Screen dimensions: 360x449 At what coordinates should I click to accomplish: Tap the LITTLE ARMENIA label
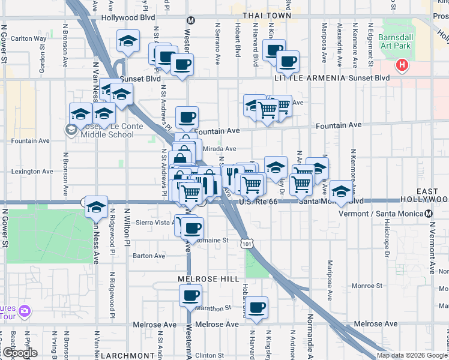[310, 79]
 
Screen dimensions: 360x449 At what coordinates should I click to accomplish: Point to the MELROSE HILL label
[208, 280]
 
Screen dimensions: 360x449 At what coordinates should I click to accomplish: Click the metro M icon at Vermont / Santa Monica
[429, 214]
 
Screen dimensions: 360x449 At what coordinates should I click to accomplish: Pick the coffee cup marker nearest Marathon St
[190, 295]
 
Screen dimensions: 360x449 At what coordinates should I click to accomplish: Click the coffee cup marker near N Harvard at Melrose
[257, 307]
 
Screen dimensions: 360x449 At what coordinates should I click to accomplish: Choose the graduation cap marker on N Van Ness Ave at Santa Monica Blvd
[96, 206]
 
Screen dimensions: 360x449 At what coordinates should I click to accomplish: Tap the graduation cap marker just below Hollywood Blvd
[128, 41]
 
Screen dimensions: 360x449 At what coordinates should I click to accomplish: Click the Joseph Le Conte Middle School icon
[71, 128]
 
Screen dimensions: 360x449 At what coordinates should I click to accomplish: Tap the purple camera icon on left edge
[25, 311]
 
